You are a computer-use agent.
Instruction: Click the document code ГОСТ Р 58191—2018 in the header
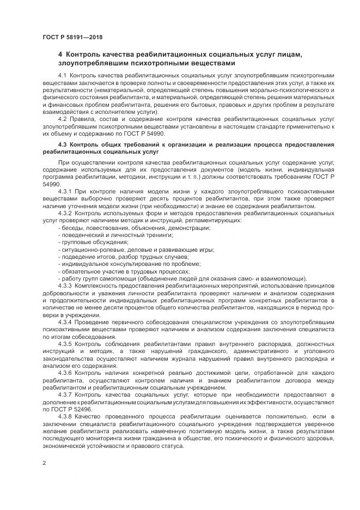click(72, 37)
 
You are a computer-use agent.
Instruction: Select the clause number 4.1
click(62, 75)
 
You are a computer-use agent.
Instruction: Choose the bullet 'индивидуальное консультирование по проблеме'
click(125, 264)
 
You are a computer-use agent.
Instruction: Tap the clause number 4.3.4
click(64, 323)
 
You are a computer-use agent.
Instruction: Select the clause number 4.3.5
click(64, 345)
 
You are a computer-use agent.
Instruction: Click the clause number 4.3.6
click(64, 374)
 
